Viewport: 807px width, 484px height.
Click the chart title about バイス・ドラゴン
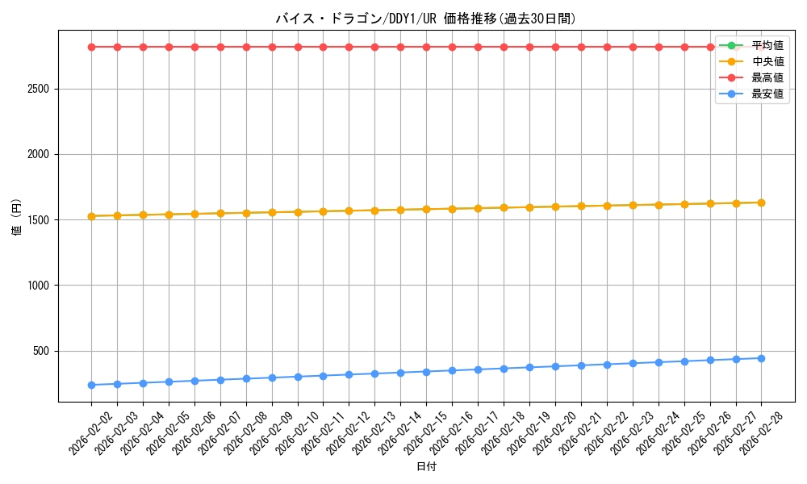[x=426, y=19]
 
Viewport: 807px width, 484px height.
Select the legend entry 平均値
[x=767, y=45]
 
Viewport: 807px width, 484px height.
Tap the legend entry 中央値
[x=767, y=61]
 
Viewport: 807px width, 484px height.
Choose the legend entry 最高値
[x=767, y=77]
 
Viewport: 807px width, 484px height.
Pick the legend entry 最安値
[x=767, y=94]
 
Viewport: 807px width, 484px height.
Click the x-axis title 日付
[x=426, y=467]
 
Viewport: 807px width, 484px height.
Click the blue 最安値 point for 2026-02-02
[x=91, y=385]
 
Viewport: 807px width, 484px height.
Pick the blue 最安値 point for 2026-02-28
[x=761, y=358]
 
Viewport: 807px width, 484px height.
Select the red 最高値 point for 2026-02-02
[x=91, y=47]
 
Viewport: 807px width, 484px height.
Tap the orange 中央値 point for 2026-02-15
[x=426, y=210]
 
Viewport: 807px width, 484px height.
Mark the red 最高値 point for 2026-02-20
[x=555, y=47]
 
